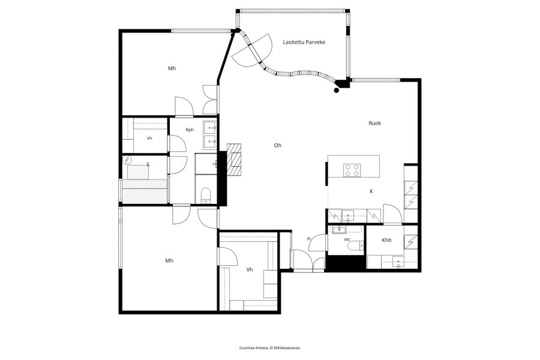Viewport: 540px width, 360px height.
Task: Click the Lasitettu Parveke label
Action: pyautogui.click(x=304, y=42)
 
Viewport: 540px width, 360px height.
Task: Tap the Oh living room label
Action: pyautogui.click(x=278, y=145)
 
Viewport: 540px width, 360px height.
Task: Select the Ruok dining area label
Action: pyautogui.click(x=374, y=123)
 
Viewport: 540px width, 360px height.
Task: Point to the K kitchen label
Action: pyautogui.click(x=371, y=191)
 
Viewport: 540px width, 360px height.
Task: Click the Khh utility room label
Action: pyautogui.click(x=386, y=240)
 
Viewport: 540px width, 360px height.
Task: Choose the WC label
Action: pyautogui.click(x=347, y=239)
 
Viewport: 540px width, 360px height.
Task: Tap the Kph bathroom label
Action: pyautogui.click(x=190, y=130)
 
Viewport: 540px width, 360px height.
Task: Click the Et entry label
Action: pyautogui.click(x=309, y=238)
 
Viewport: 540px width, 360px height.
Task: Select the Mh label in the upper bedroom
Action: pyautogui.click(x=172, y=68)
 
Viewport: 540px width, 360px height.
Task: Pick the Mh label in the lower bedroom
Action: pyautogui.click(x=169, y=260)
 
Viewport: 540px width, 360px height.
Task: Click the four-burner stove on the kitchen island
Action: pyautogui.click(x=352, y=170)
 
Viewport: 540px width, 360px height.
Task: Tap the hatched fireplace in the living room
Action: pyautogui.click(x=234, y=159)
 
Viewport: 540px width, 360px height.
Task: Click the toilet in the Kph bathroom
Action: pyautogui.click(x=206, y=196)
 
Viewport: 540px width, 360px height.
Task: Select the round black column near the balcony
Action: pyautogui.click(x=337, y=90)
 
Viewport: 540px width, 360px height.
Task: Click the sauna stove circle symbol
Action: pyautogui.click(x=127, y=160)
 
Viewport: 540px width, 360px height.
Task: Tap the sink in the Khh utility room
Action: pyautogui.click(x=398, y=262)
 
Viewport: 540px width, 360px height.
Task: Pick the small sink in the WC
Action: pyautogui.click(x=340, y=230)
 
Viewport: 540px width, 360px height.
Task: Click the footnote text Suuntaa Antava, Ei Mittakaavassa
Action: pyautogui.click(x=270, y=348)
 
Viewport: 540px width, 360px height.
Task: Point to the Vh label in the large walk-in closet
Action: pyautogui.click(x=250, y=269)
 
